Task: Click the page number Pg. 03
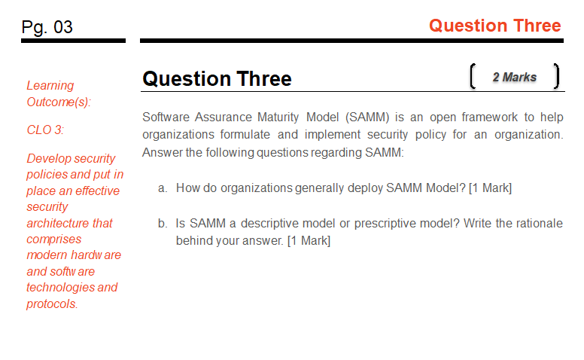[47, 27]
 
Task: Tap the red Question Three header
[494, 26]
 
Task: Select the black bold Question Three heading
[217, 78]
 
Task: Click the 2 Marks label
[515, 77]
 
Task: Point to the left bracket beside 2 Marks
[471, 77]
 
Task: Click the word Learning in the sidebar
[50, 85]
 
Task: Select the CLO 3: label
[45, 130]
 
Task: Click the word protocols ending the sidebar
[52, 304]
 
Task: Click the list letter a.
[162, 188]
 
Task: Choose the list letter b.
[162, 223]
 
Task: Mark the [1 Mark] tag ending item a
[490, 188]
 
